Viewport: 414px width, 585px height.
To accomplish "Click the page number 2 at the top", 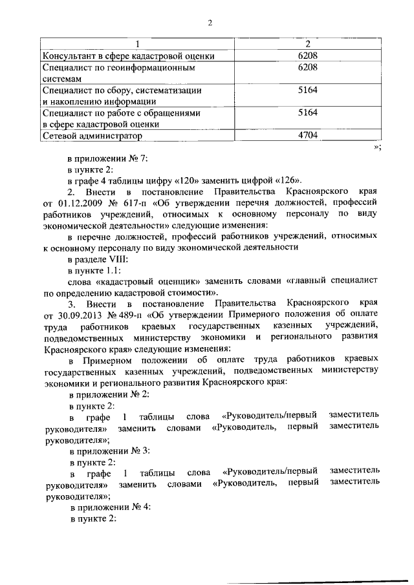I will point(210,24).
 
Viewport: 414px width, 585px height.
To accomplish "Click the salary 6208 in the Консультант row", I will point(307,56).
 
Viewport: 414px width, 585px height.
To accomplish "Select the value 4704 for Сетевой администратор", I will point(307,136).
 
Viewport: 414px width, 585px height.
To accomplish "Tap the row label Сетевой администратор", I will point(92,136).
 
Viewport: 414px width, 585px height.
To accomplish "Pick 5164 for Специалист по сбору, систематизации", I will point(307,90).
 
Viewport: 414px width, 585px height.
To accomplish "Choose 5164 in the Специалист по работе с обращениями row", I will point(307,112).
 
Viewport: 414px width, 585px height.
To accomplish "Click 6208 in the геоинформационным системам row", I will point(307,67).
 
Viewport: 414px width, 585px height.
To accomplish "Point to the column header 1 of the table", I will point(137,44).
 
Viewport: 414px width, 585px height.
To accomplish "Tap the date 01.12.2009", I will point(79,204).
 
